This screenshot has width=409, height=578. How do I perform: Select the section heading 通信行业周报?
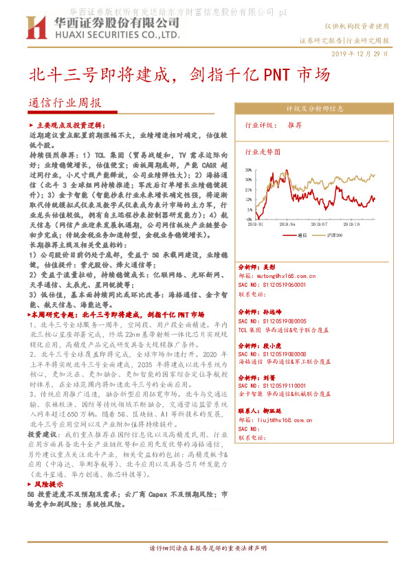coord(65,103)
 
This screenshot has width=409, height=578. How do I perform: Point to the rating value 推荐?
coord(295,126)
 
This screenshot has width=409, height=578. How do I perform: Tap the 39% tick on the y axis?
coord(247,168)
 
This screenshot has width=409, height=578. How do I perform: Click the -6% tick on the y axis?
coord(247,218)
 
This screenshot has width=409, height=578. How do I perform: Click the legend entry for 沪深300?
coord(333,235)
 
